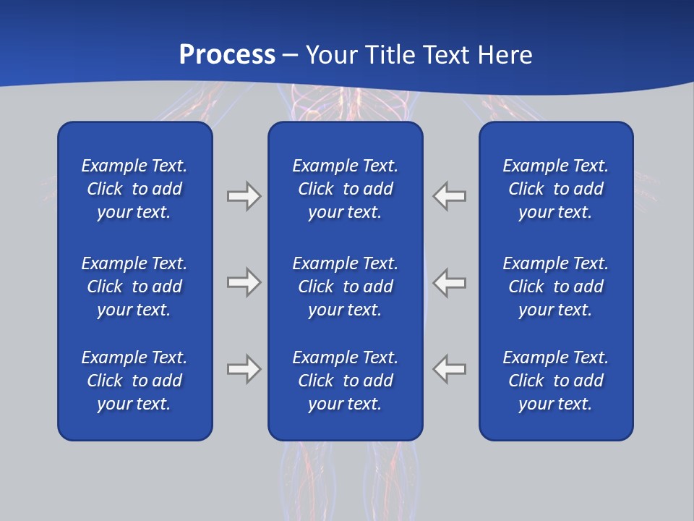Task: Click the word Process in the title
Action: pos(227,55)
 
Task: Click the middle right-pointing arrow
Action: pos(244,282)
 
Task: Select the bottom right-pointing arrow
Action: pos(244,369)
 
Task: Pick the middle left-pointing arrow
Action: pos(450,282)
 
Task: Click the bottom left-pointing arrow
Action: pos(450,369)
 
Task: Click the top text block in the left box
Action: pos(134,189)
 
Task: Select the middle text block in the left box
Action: pos(134,287)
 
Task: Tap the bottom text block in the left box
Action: pos(134,381)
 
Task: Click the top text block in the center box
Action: pos(345,189)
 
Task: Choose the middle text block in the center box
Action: pos(345,287)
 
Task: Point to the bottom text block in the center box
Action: pos(345,381)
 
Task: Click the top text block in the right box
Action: pos(555,189)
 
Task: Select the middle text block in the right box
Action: pos(555,287)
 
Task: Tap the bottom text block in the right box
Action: pos(555,381)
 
